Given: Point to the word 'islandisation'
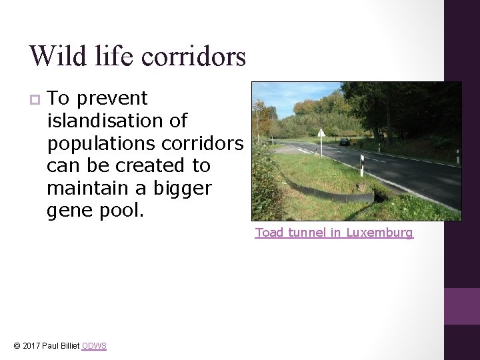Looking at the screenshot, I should (117, 121).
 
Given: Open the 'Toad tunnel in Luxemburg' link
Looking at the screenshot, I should (334, 233).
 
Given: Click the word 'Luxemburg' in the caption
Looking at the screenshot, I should (379, 233).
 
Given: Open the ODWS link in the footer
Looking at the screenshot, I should (93, 346).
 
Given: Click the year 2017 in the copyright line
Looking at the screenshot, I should (32, 346).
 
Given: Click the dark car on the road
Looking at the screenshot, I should (344, 141).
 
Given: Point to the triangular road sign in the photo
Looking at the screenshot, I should (321, 133).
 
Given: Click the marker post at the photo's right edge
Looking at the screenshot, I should (458, 157).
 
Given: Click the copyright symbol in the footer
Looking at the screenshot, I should (17, 346).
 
